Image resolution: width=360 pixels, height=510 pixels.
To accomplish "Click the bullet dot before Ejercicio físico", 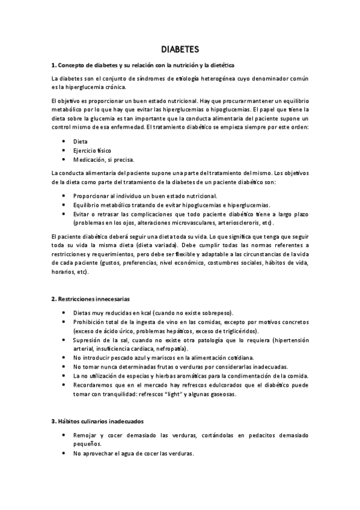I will [64, 150].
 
